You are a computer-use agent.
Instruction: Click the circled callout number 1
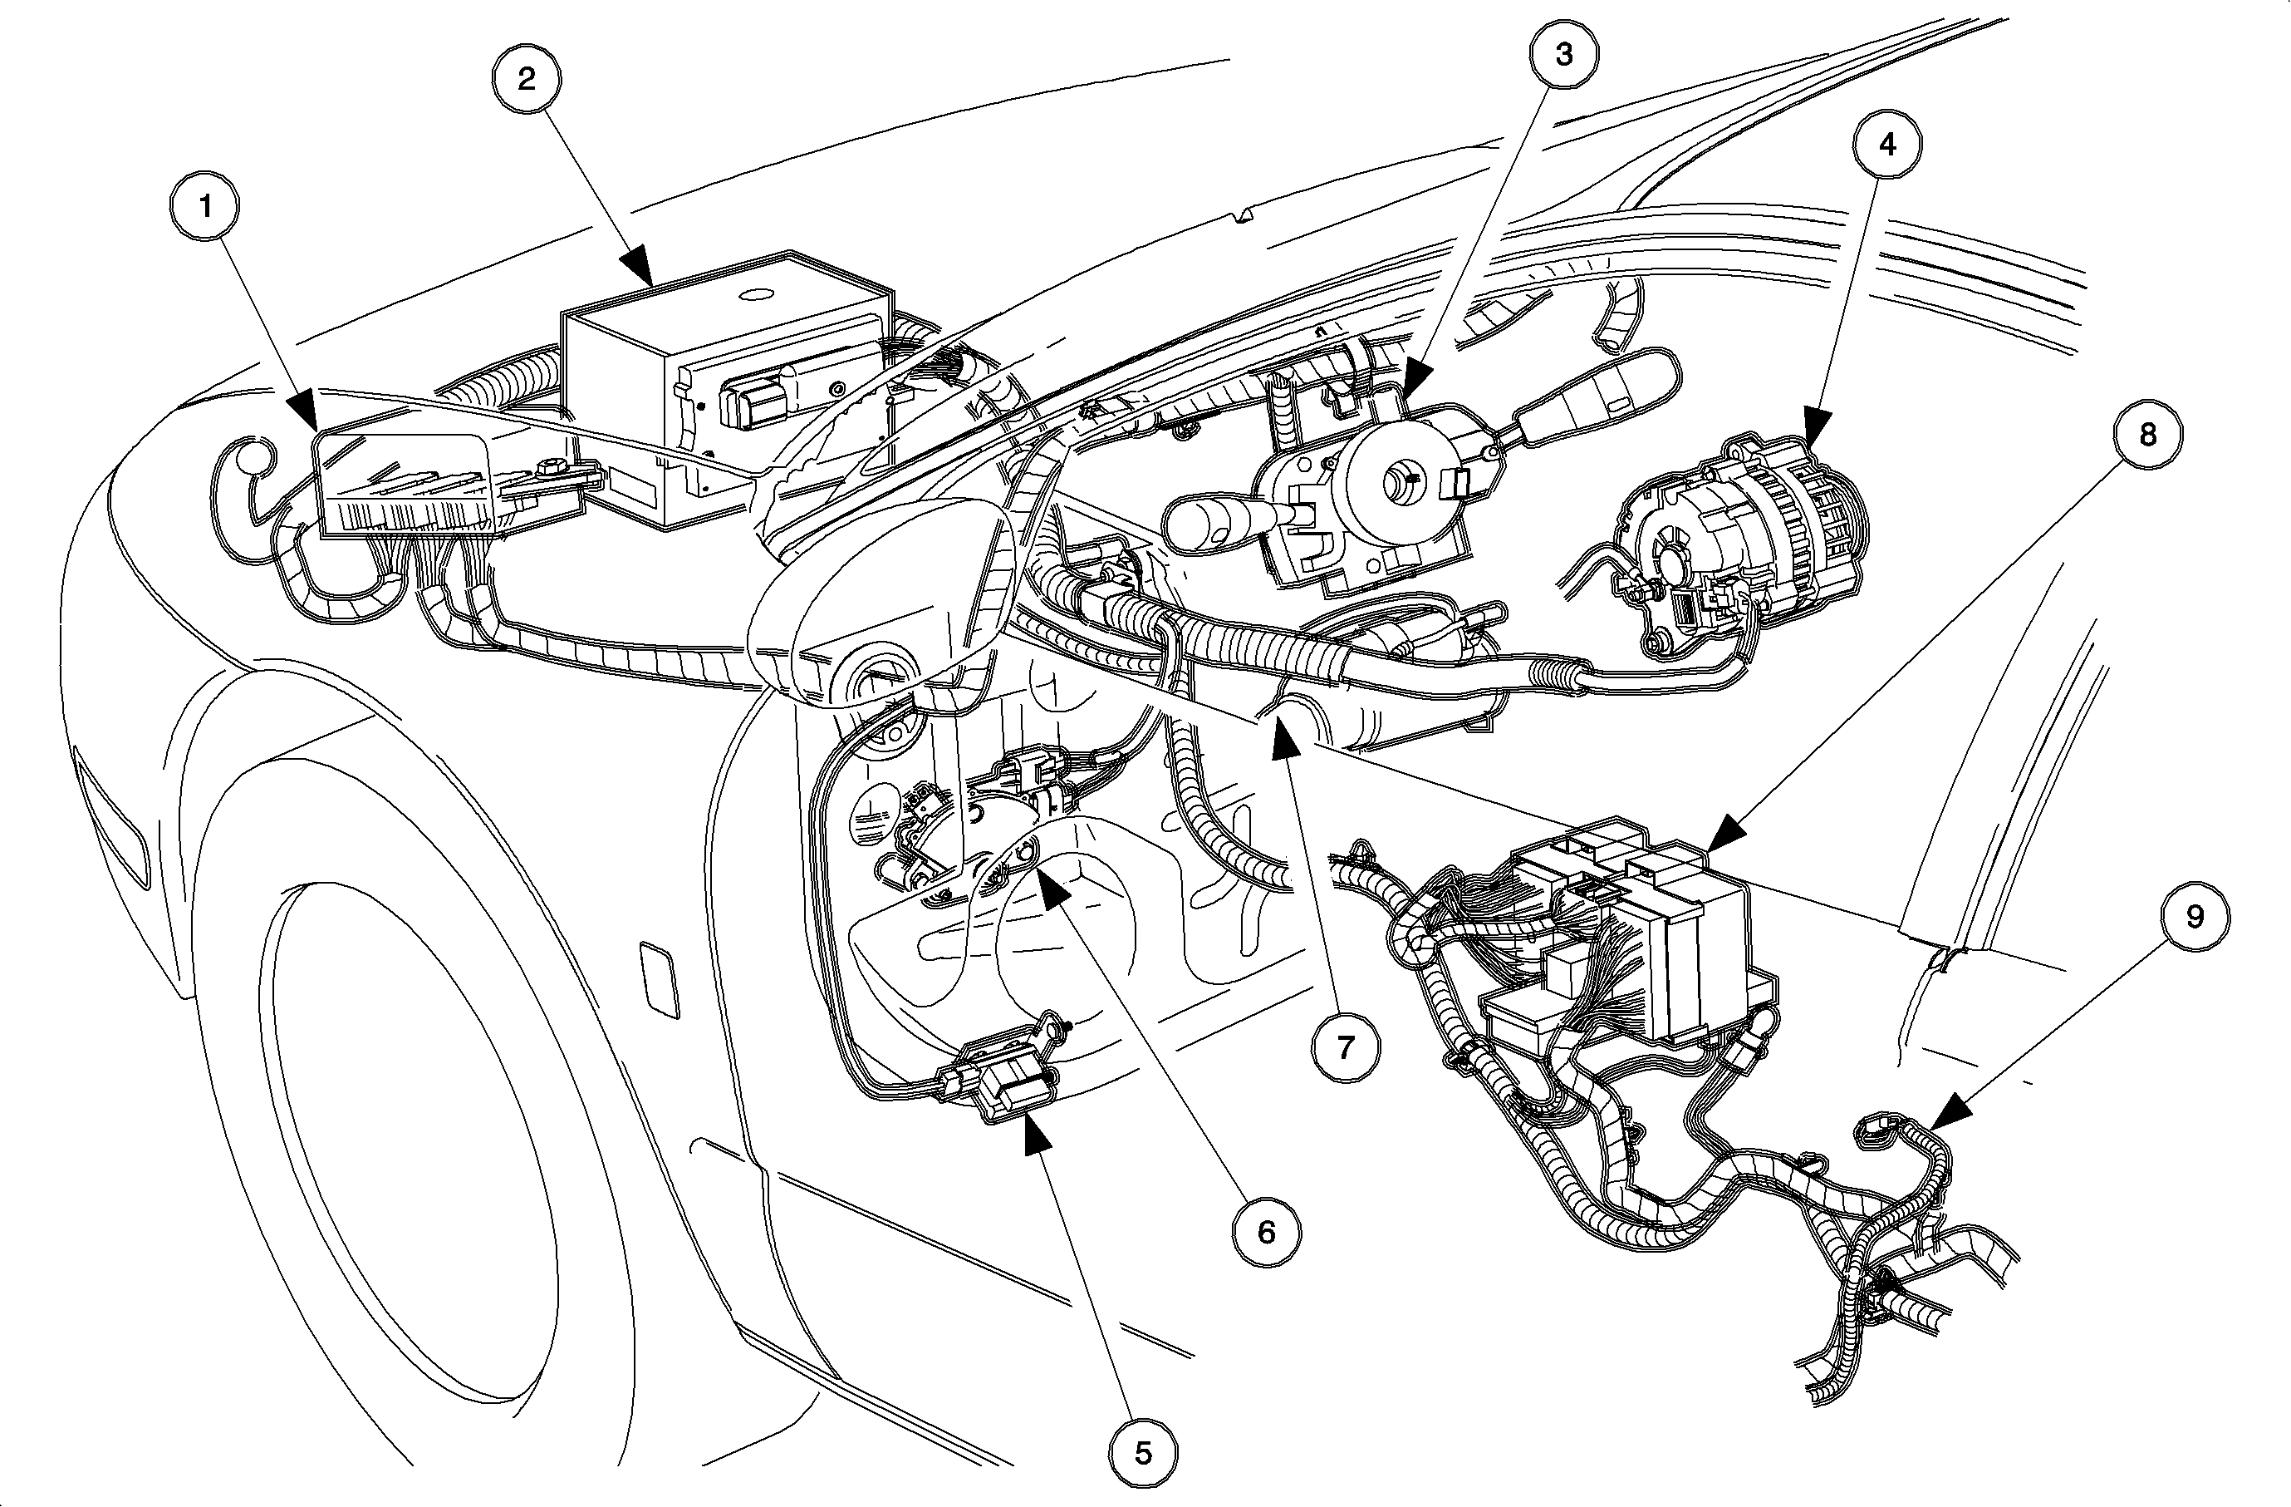pos(204,206)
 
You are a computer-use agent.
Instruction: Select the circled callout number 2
pos(527,79)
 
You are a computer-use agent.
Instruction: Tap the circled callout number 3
pos(1563,55)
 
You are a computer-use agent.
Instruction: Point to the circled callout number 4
pos(1886,145)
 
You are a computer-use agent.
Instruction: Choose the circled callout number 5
pos(1143,1453)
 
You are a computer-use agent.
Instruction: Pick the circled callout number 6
pos(1266,1231)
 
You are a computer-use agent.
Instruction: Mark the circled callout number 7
pos(1346,1047)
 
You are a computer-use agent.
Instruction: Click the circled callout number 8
pos(2147,436)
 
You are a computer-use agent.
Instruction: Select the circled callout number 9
pos(2195,916)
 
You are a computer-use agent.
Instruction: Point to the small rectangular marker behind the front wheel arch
pos(660,979)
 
